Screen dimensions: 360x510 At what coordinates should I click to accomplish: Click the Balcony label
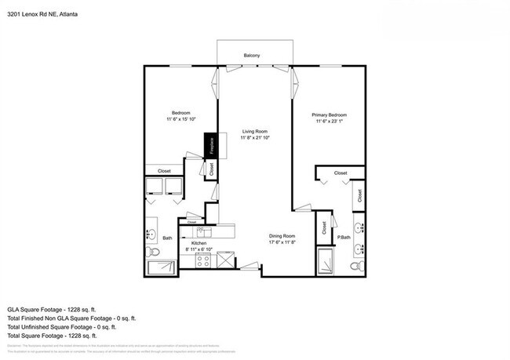[x=251, y=55]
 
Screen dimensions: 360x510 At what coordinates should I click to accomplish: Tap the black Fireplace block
[x=211, y=145]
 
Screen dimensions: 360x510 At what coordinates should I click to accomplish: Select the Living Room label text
[x=254, y=131]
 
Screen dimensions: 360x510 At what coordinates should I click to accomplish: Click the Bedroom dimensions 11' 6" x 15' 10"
[x=181, y=118]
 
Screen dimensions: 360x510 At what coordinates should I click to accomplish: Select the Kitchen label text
[x=198, y=244]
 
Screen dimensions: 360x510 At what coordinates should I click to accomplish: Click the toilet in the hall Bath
[x=153, y=253]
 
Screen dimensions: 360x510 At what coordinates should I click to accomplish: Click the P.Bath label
[x=344, y=238]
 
